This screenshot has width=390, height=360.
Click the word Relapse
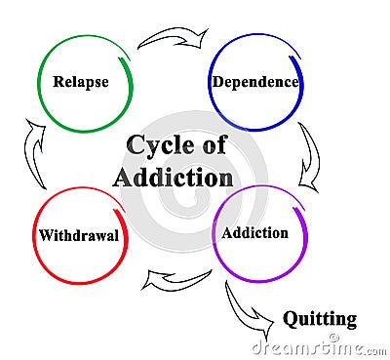80,82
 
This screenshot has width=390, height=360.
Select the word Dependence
254,82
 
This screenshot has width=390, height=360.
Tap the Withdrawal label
77,235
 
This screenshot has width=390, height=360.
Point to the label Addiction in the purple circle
254,233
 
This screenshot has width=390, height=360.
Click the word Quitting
320,318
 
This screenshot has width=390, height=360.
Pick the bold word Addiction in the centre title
173,178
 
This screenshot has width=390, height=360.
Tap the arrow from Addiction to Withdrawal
175,280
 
